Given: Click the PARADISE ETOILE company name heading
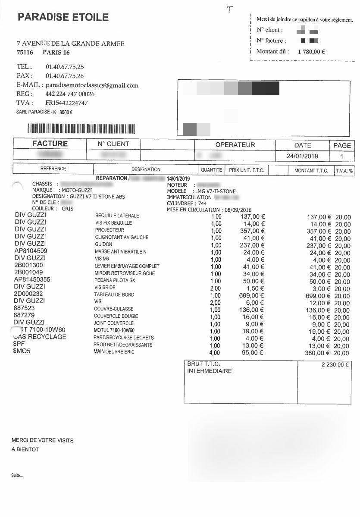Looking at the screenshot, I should tap(63, 17).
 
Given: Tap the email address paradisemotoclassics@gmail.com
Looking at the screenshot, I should tap(92, 85).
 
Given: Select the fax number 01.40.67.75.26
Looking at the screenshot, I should tap(65, 76).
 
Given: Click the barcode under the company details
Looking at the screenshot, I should tap(81, 128).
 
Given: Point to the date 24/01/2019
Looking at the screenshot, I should tap(302, 156).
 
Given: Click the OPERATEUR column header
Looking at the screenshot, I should tap(235, 145).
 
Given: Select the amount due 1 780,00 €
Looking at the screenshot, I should tap(311, 51).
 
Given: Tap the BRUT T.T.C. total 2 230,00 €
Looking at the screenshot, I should tap(335, 364).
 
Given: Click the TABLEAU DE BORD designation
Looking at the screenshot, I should tap(114, 295).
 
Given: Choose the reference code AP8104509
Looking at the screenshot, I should tap(31, 251).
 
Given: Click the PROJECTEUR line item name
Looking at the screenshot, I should tap(110, 230).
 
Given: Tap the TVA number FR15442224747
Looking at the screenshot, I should tap(66, 103).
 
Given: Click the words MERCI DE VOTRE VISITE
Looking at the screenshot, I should tap(42, 440).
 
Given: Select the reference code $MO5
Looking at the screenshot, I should tap(22, 351).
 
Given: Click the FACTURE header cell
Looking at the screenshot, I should tap(50, 144).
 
